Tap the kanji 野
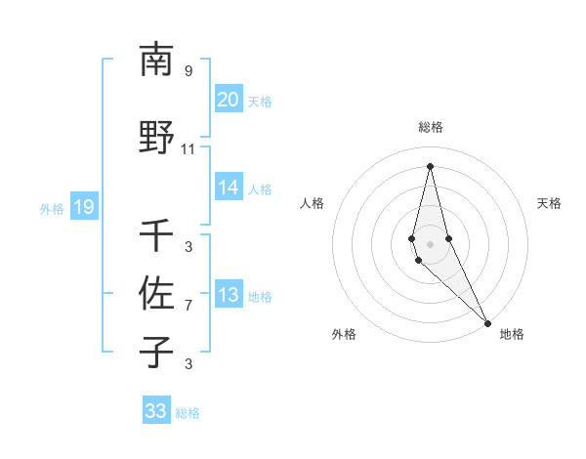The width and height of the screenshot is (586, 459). pyautogui.click(x=156, y=137)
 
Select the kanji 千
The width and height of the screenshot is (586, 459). pyautogui.click(x=156, y=235)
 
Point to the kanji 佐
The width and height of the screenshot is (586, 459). pyautogui.click(x=156, y=293)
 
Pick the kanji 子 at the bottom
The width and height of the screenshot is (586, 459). pyautogui.click(x=156, y=352)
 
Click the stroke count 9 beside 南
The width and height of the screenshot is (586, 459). pyautogui.click(x=188, y=70)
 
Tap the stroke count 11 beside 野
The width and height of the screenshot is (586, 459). pyautogui.click(x=188, y=149)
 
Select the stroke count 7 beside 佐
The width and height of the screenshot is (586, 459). pyautogui.click(x=188, y=306)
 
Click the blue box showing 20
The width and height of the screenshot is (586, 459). pyautogui.click(x=228, y=100)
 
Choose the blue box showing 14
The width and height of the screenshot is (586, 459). pyautogui.click(x=228, y=188)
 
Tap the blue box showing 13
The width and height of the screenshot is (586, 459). pyautogui.click(x=228, y=296)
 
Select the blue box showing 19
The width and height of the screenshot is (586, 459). pyautogui.click(x=83, y=206)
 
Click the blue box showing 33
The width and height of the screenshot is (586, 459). pyautogui.click(x=156, y=411)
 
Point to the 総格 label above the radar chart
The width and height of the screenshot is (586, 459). pyautogui.click(x=431, y=127)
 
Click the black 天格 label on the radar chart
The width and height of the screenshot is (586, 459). pyautogui.click(x=550, y=203)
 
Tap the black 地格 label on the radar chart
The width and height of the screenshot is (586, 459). pyautogui.click(x=512, y=335)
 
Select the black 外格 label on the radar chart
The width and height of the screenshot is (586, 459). pyautogui.click(x=344, y=335)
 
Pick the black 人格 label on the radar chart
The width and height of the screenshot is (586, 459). pyautogui.click(x=312, y=203)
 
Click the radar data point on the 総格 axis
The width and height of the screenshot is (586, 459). pyautogui.click(x=430, y=165)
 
